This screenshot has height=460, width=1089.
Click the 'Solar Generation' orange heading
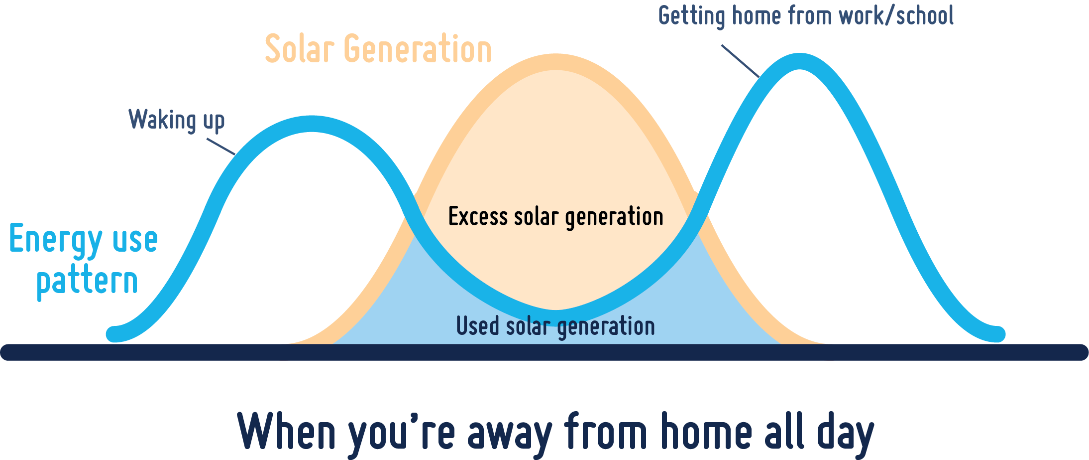tap(378, 49)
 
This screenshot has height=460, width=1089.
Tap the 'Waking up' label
tap(177, 121)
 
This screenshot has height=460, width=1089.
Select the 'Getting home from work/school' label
tap(806, 16)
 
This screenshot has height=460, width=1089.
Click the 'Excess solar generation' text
tap(556, 217)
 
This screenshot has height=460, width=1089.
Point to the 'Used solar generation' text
tap(555, 326)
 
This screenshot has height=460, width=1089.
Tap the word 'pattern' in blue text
tap(87, 282)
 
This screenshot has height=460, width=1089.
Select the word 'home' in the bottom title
tap(707, 430)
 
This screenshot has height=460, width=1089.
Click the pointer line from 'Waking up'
tap(221, 147)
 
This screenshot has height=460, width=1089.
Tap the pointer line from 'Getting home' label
tap(741, 61)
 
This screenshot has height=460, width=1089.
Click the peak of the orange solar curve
tap(556, 62)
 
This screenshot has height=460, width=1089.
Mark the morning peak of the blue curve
tap(312, 124)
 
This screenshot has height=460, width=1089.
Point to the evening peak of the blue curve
tap(799, 61)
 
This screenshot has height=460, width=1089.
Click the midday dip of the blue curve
tap(556, 317)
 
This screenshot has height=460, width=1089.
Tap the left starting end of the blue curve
tap(115, 334)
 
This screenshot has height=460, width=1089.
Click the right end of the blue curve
tap(997, 334)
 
